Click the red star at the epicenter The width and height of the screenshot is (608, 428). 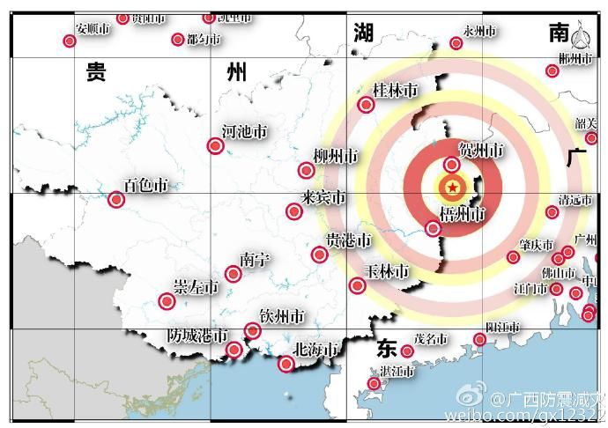pyautogui.click(x=452, y=187)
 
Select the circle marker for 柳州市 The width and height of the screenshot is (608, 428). pyautogui.click(x=307, y=171)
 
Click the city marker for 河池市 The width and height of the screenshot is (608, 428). pyautogui.click(x=215, y=146)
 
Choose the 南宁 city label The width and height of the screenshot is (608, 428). pyautogui.click(x=255, y=259)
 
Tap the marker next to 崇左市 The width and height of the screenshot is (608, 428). pyautogui.click(x=167, y=301)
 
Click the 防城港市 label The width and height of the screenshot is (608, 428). pyautogui.click(x=198, y=336)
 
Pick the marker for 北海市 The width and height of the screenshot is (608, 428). pyautogui.click(x=285, y=364)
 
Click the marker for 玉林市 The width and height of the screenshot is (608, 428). pyautogui.click(x=357, y=285)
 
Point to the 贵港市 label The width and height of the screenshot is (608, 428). pyautogui.click(x=349, y=240)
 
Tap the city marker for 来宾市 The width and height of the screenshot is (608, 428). pyautogui.click(x=293, y=211)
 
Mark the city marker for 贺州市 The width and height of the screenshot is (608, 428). pyautogui.click(x=452, y=165)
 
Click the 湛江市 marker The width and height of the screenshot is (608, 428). pyautogui.click(x=374, y=383)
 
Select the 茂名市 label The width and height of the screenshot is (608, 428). pyautogui.click(x=431, y=339)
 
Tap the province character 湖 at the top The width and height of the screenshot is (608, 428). pyautogui.click(x=364, y=33)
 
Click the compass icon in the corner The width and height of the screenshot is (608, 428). pyautogui.click(x=582, y=39)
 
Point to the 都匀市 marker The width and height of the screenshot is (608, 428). pyautogui.click(x=178, y=39)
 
